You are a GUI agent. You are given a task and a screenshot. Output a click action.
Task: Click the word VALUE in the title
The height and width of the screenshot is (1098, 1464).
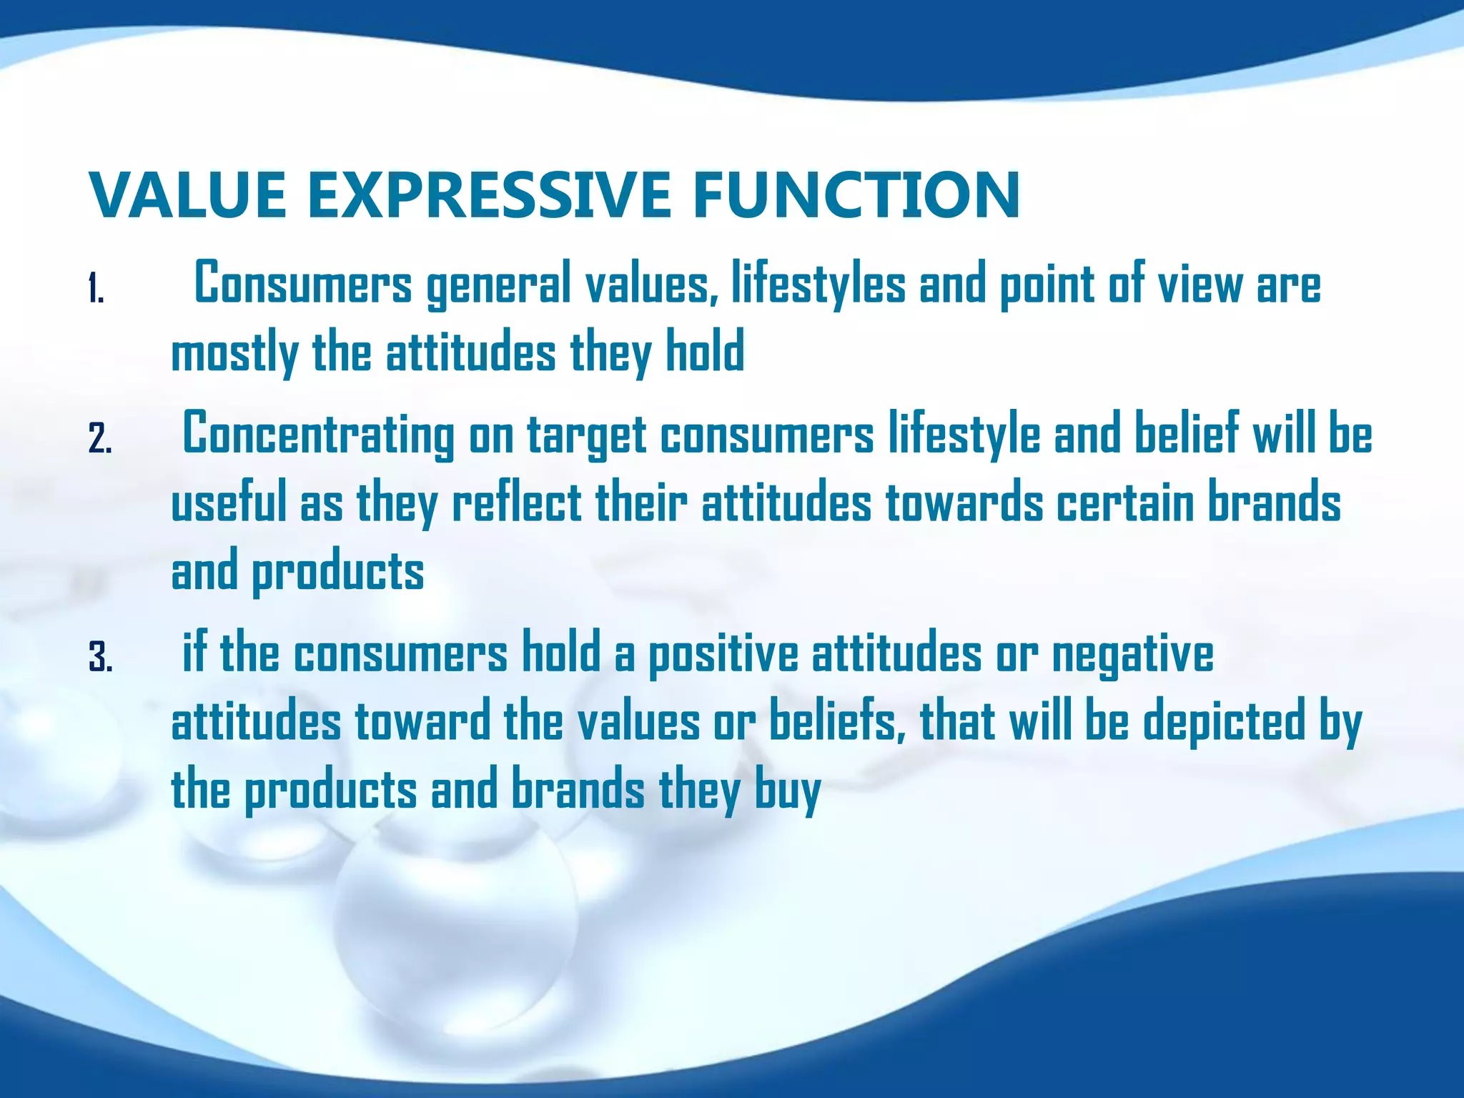[x=188, y=195]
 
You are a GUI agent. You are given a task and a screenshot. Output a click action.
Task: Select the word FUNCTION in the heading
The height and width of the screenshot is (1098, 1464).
[x=856, y=195]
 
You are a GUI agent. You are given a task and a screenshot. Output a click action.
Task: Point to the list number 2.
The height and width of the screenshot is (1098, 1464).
[x=100, y=439]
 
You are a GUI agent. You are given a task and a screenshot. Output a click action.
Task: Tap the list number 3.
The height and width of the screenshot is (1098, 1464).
[x=100, y=658]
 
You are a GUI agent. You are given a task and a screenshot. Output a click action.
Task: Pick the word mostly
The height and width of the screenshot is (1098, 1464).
[x=234, y=353]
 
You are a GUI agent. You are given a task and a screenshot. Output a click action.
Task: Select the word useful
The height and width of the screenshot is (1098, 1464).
[x=228, y=503]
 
